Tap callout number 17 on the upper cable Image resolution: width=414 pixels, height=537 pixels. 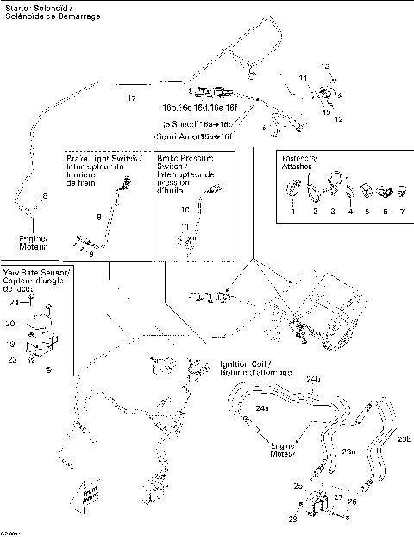point(131,98)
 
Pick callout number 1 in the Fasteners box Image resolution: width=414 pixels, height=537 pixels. point(293,212)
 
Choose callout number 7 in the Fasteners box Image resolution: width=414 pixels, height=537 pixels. point(400,212)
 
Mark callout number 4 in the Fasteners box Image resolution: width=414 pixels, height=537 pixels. point(350,212)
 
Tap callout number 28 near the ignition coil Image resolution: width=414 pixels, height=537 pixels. point(292,521)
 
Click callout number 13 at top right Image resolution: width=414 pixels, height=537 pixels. point(325,66)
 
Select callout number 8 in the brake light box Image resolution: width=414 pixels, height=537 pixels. point(98,216)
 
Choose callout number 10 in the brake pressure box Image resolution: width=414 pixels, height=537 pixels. point(184,210)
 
